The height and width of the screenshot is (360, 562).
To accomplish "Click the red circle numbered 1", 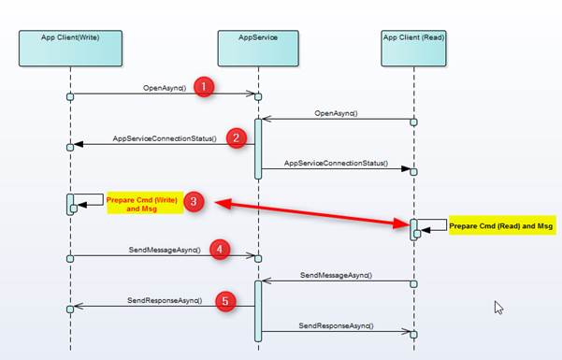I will click(x=205, y=87).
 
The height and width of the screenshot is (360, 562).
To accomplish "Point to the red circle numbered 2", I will click(x=237, y=138).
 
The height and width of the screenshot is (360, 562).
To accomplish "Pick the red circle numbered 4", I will click(x=219, y=250).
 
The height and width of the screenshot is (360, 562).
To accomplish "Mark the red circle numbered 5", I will click(x=225, y=301).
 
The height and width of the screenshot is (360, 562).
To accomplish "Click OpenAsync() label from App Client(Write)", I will click(x=165, y=89).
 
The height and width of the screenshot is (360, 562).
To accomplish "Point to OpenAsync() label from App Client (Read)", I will click(x=336, y=113).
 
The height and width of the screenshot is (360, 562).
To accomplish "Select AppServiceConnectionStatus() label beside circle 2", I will click(x=165, y=138).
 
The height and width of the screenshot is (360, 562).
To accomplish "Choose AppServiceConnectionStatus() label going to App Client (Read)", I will click(x=336, y=163).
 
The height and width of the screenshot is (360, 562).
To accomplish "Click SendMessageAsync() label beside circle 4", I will click(x=164, y=251).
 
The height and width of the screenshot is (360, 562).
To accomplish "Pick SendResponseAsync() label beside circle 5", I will click(x=163, y=301).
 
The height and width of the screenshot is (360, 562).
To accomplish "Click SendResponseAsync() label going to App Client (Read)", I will click(x=336, y=325).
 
